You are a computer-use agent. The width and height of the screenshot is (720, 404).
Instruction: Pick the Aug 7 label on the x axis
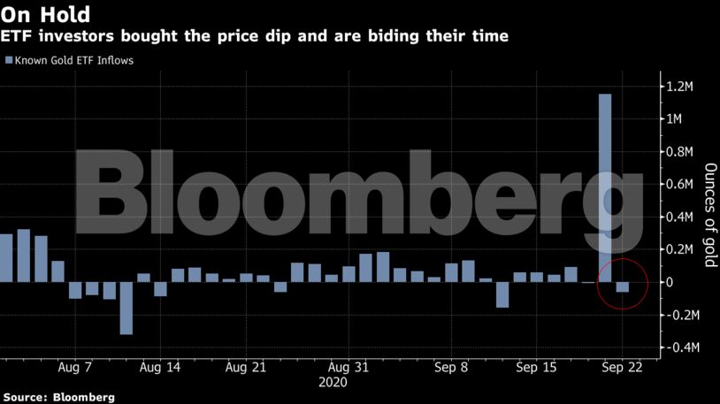point(75,367)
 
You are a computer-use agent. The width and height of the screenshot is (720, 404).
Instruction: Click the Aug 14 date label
point(160,367)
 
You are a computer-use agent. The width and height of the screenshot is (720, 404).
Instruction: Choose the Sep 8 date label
point(451,367)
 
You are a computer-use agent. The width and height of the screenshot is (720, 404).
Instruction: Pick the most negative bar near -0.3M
point(126,308)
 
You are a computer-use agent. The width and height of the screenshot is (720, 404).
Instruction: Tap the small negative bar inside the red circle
point(623,287)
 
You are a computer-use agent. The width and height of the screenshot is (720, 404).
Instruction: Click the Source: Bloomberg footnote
point(57,397)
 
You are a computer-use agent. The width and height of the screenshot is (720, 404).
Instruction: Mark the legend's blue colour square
point(9,61)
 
